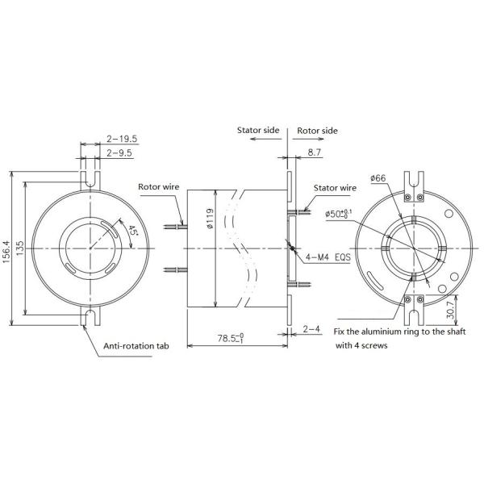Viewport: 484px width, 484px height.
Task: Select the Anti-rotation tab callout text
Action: [137, 348]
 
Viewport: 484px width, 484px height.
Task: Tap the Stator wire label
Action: [336, 187]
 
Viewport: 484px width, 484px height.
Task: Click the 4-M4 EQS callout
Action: [328, 257]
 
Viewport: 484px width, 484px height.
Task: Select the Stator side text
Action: [257, 130]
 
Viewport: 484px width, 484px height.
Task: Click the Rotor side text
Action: [318, 130]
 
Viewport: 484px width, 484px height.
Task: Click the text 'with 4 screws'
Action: [361, 344]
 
